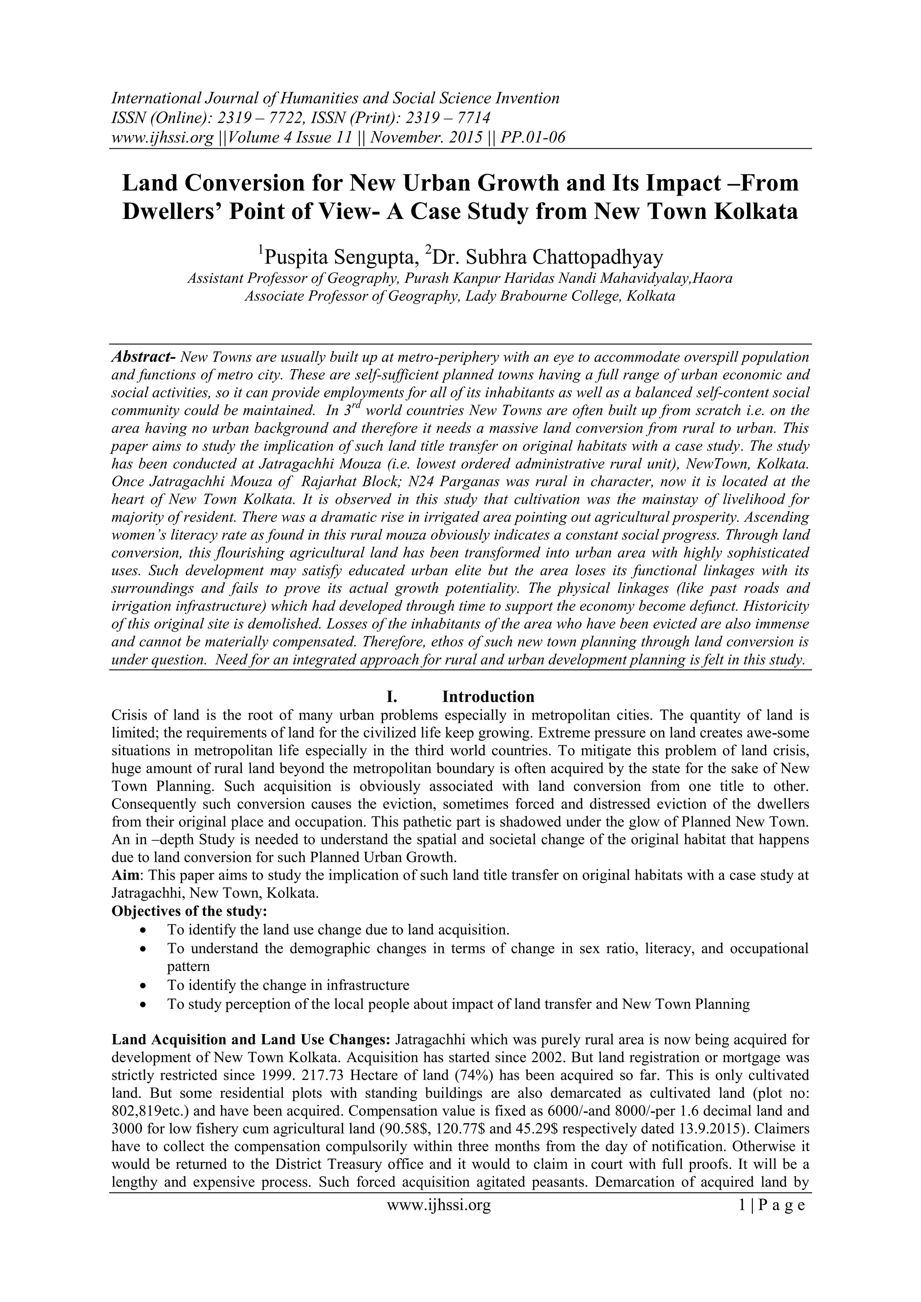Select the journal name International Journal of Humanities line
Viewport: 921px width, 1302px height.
pyautogui.click(x=335, y=98)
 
